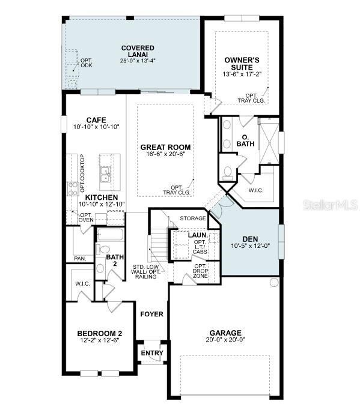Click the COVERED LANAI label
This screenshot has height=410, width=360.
click(138, 48)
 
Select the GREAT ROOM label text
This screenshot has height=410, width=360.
click(165, 147)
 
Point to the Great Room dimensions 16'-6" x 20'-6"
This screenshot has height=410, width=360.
click(165, 154)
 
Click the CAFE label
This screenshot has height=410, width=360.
click(96, 119)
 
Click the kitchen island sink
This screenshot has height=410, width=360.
click(106, 174)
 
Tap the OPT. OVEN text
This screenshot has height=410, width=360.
click(86, 218)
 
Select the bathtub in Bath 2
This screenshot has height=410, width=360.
click(109, 235)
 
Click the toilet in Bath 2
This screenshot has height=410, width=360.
click(103, 249)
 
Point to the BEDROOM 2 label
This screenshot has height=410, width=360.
click(100, 334)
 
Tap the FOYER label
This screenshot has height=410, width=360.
click(151, 314)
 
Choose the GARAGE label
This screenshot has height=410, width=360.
click(225, 333)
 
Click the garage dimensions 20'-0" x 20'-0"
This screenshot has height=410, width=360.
click(225, 340)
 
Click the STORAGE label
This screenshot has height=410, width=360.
click(192, 219)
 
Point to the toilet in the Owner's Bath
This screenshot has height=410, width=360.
click(228, 173)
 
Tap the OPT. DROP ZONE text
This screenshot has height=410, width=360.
click(200, 271)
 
